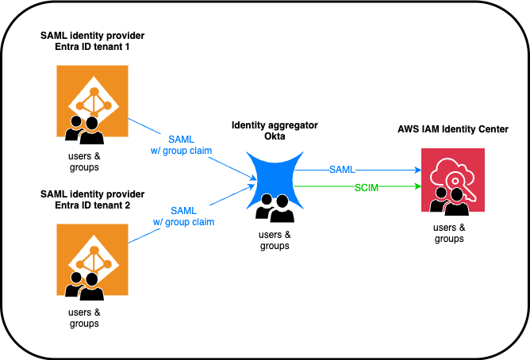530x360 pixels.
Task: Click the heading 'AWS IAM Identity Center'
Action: (x=453, y=129)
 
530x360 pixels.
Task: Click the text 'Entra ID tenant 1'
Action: (x=92, y=49)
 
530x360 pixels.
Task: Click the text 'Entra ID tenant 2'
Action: (x=92, y=206)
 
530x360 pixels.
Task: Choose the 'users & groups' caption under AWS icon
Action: (x=450, y=233)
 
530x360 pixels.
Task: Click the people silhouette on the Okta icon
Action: (x=271, y=209)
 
